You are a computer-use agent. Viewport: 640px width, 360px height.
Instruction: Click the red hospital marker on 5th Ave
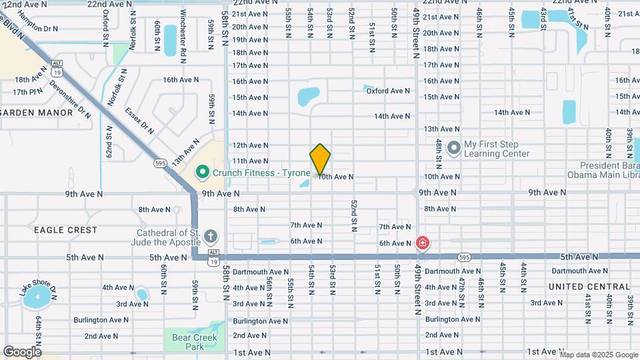tap(422, 243)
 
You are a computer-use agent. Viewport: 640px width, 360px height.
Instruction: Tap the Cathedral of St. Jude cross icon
tap(211, 237)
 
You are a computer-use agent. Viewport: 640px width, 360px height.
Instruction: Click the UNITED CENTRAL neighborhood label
tap(589, 287)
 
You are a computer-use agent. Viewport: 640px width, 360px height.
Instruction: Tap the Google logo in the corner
tap(22, 351)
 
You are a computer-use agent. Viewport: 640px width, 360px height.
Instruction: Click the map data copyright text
tap(598, 355)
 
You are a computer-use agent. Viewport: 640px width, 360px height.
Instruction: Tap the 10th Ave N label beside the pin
tap(335, 177)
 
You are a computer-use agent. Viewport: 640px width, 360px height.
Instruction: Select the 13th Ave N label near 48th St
tap(441, 129)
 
